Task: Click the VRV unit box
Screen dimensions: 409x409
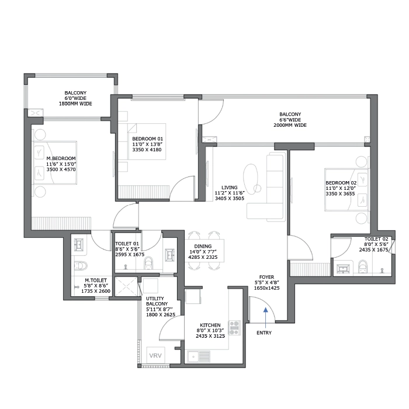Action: pyautogui.click(x=155, y=355)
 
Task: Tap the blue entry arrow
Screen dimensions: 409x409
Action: pyautogui.click(x=265, y=316)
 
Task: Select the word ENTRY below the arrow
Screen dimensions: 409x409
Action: pyautogui.click(x=264, y=333)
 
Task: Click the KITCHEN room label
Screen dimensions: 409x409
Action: pyautogui.click(x=210, y=325)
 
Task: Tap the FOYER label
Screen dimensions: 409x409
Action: pyautogui.click(x=266, y=277)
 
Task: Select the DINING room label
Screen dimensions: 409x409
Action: pyautogui.click(x=204, y=246)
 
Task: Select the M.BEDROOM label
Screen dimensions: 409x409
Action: pyautogui.click(x=61, y=158)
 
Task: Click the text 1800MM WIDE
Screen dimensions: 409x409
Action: pyautogui.click(x=75, y=103)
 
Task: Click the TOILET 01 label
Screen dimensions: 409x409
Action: pyautogui.click(x=126, y=244)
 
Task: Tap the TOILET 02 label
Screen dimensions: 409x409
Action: pyautogui.click(x=376, y=239)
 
